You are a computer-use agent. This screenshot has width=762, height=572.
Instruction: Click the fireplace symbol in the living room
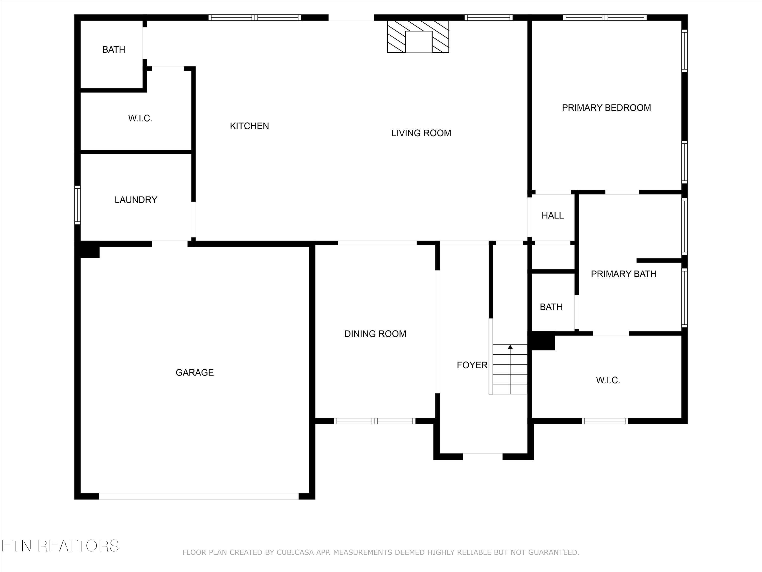pos(418,37)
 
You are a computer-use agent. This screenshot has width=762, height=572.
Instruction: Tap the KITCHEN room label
pos(249,126)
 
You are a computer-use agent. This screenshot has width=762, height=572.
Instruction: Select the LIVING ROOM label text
pos(421,133)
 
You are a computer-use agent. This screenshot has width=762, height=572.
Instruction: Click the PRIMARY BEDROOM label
pos(606,108)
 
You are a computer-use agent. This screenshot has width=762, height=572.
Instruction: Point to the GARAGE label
pos(195,372)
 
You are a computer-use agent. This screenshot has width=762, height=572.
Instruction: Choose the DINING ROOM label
pos(375,334)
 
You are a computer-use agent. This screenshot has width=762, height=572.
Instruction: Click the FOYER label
pos(472,365)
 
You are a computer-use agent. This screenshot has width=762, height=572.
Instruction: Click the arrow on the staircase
pos(510,347)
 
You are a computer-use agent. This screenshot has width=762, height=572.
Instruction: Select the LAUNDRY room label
pos(136,200)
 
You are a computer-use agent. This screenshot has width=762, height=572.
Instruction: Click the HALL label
pos(552,216)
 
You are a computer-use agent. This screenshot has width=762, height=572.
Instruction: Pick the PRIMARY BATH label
pos(624,274)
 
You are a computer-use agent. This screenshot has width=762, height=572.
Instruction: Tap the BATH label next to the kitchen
pos(114,50)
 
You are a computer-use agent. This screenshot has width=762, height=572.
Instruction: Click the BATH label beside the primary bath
pos(551,307)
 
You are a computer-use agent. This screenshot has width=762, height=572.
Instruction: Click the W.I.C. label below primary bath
pos(608,381)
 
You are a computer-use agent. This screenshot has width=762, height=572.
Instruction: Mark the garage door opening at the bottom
pos(199,496)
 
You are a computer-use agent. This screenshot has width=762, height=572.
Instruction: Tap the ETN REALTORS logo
pos(60,546)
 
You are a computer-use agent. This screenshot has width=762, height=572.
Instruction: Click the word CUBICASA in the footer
pos(295,553)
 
